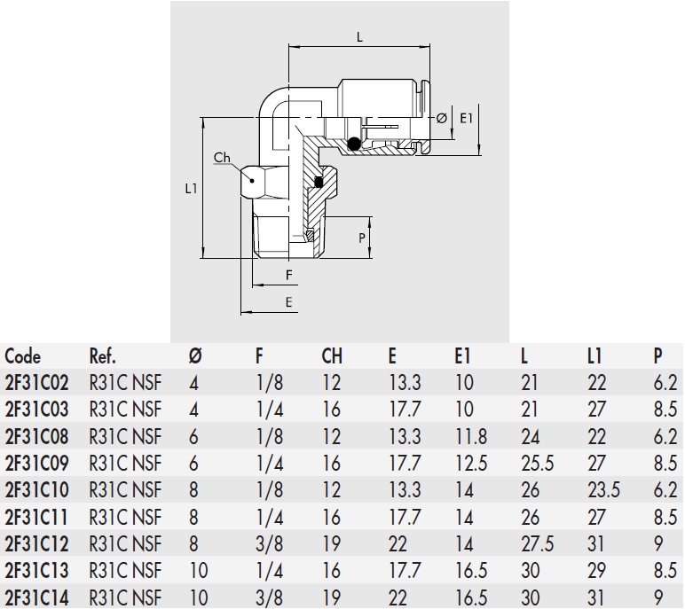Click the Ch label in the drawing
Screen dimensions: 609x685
point(222,158)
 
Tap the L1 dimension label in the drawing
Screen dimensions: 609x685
point(191,189)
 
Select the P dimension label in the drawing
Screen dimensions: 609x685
point(362,238)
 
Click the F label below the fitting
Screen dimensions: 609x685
point(289,275)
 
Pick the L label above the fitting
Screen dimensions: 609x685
point(359,37)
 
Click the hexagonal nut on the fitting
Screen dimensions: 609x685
point(259,183)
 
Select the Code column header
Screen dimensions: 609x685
point(23,357)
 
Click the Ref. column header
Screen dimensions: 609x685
point(103,357)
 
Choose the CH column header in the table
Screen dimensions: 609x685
point(332,357)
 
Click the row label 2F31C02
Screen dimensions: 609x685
point(36,383)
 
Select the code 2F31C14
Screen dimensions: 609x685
point(36,596)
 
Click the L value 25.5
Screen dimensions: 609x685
point(538,463)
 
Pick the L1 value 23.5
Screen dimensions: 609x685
point(603,489)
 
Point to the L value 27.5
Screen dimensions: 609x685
point(538,543)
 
